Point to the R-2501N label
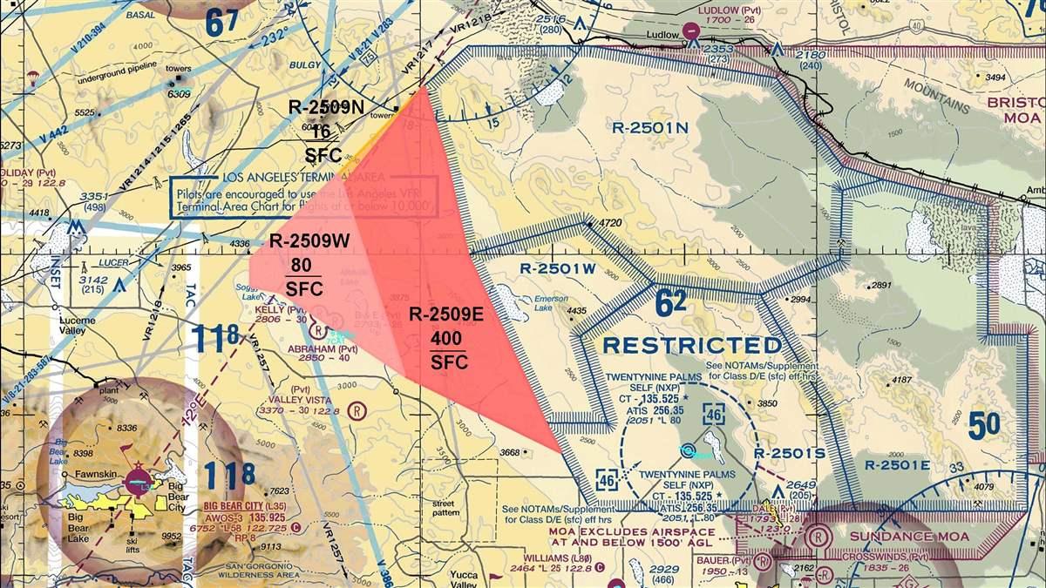[x=650, y=127]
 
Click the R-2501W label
[x=557, y=268]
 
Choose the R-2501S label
[x=789, y=453]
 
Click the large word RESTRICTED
[x=692, y=345]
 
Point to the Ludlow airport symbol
[x=691, y=31]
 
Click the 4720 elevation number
[x=610, y=224]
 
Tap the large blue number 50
[x=983, y=427]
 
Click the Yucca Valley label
[x=471, y=580]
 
